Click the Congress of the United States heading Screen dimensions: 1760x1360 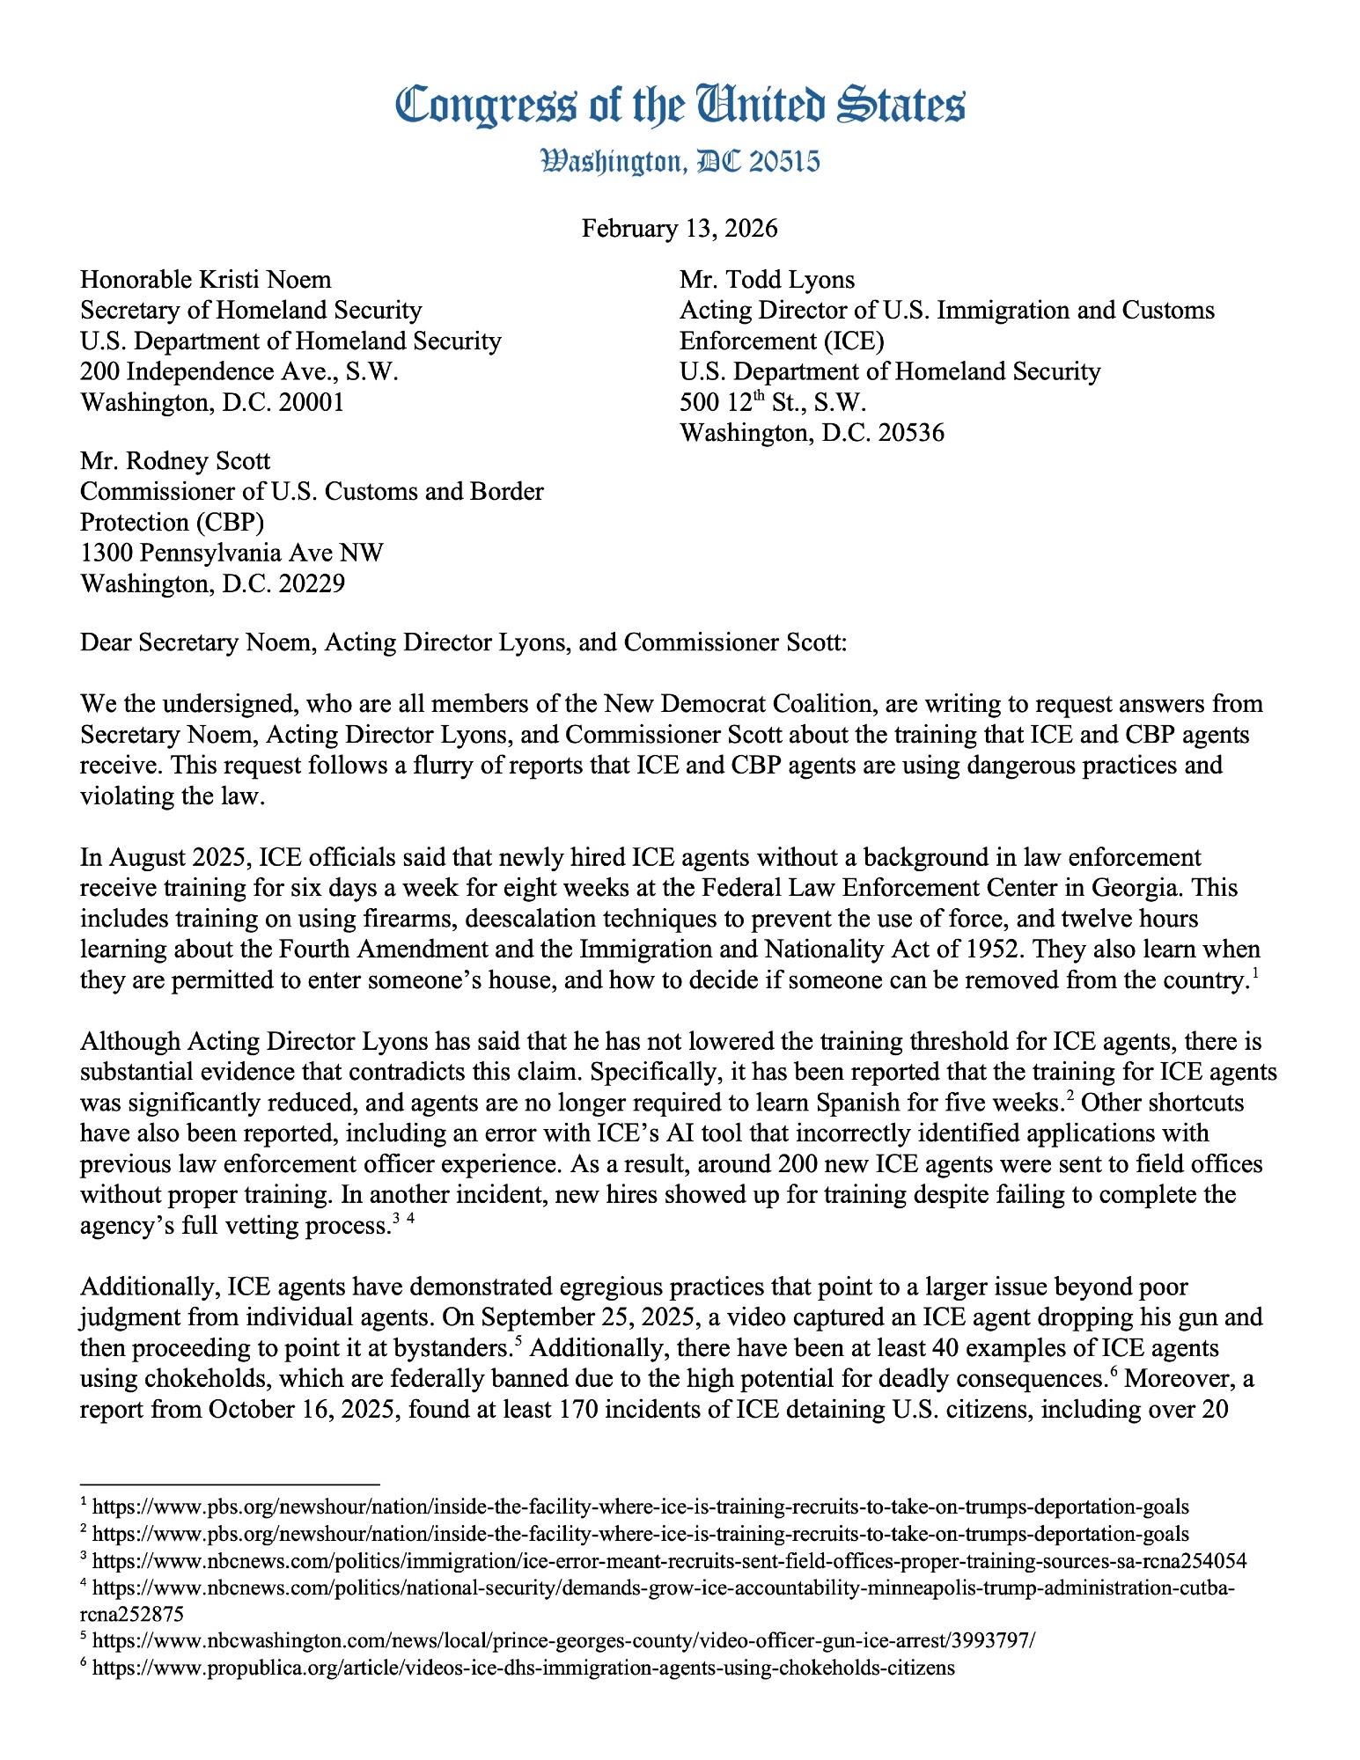tap(680, 105)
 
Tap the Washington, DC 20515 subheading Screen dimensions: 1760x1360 tap(680, 161)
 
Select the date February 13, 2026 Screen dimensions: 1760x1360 tap(680, 229)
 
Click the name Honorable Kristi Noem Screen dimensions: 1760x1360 tap(206, 280)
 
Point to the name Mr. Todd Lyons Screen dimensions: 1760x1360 tap(767, 280)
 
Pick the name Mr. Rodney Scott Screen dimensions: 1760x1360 tap(175, 461)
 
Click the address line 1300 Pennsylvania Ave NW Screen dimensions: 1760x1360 tap(232, 553)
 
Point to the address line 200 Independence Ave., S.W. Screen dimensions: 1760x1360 tap(239, 371)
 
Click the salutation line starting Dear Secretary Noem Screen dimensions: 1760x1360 tap(463, 642)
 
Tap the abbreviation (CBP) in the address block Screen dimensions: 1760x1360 tap(227, 522)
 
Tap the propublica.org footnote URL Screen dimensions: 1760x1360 tap(523, 1668)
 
